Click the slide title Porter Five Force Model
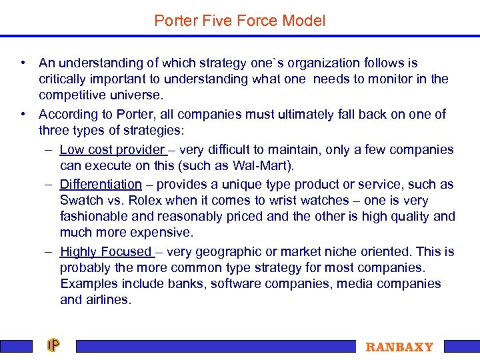click(239, 21)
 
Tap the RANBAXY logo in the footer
click(399, 347)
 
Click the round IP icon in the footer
click(53, 345)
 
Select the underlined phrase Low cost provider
click(111, 150)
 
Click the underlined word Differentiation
click(101, 185)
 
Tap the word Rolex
click(145, 201)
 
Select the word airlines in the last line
click(105, 300)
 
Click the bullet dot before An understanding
click(23, 63)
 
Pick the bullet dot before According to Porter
click(23, 114)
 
